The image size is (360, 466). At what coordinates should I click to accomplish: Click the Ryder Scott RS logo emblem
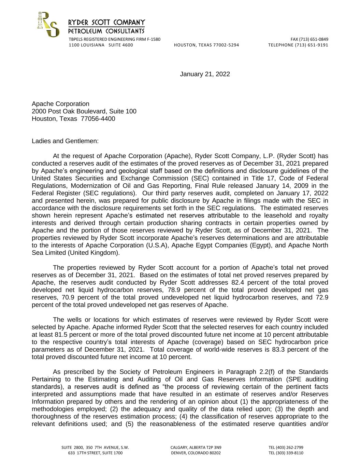tap(48, 25)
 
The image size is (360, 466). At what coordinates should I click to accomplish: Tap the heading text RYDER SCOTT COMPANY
tap(106, 23)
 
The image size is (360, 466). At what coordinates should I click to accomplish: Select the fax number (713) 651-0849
tap(314, 39)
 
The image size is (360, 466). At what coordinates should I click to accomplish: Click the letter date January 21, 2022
tap(205, 74)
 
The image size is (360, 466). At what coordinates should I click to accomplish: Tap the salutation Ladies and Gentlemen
tap(65, 141)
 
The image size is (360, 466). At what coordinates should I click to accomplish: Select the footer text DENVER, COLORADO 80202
tap(196, 453)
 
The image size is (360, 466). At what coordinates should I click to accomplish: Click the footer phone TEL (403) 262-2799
tap(286, 448)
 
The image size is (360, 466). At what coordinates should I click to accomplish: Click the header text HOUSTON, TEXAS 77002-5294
tap(206, 45)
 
